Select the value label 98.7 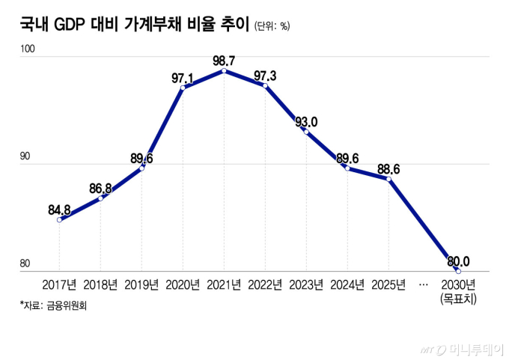tap(225, 60)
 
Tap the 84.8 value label tap(60, 210)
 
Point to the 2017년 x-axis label tap(59, 285)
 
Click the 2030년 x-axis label tap(458, 285)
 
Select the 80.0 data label tap(458, 261)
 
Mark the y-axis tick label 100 tap(28, 49)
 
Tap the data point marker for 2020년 tap(183, 88)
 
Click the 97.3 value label tap(266, 76)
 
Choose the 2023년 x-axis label tap(307, 285)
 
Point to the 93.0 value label tap(306, 122)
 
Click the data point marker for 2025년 tap(389, 179)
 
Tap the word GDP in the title tap(72, 24)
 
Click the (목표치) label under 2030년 tap(458, 299)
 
